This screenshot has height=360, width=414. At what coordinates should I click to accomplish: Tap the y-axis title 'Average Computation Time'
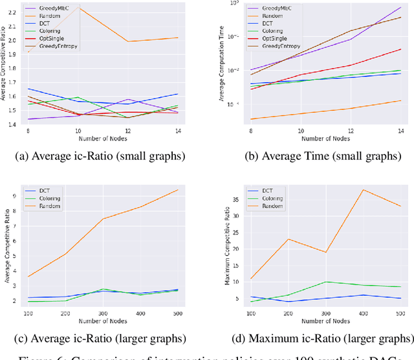[221, 65]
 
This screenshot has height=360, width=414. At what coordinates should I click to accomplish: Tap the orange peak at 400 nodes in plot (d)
[364, 190]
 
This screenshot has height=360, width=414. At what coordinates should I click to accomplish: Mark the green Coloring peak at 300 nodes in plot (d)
[327, 282]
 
